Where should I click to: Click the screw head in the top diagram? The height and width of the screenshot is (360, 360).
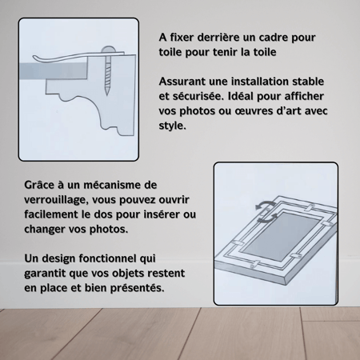pyautogui.click(x=108, y=49)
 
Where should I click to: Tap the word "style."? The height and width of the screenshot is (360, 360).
pyautogui.click(x=172, y=126)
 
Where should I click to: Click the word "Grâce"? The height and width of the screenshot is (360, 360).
pyautogui.click(x=39, y=185)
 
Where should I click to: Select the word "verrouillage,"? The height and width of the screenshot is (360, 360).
pyautogui.click(x=56, y=200)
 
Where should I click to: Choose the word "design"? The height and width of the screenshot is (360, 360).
pyautogui.click(x=58, y=258)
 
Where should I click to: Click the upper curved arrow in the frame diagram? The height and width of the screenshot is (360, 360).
pyautogui.click(x=265, y=205)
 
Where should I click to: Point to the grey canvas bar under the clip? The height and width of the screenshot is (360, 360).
pyautogui.click(x=54, y=70)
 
